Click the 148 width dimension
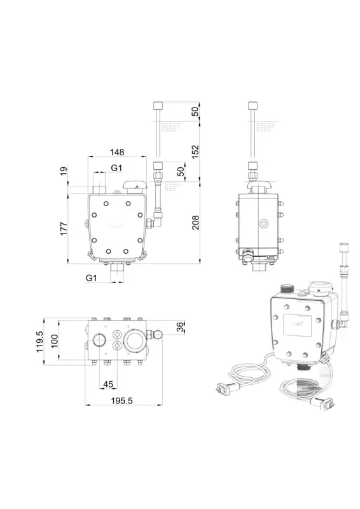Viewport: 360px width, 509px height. click(x=117, y=152)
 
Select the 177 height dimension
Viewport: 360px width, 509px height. click(x=64, y=228)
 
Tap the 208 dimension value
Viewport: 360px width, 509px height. click(x=195, y=222)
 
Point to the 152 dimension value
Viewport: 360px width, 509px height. click(x=195, y=152)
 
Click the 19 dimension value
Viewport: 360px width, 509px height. click(x=64, y=171)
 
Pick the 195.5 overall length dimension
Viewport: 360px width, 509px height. click(x=122, y=401)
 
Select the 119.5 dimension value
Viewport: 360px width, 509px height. click(x=39, y=342)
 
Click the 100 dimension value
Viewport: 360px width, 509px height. click(x=54, y=341)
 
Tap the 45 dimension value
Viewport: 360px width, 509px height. click(x=108, y=384)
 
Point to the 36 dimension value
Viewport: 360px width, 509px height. click(x=181, y=326)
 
